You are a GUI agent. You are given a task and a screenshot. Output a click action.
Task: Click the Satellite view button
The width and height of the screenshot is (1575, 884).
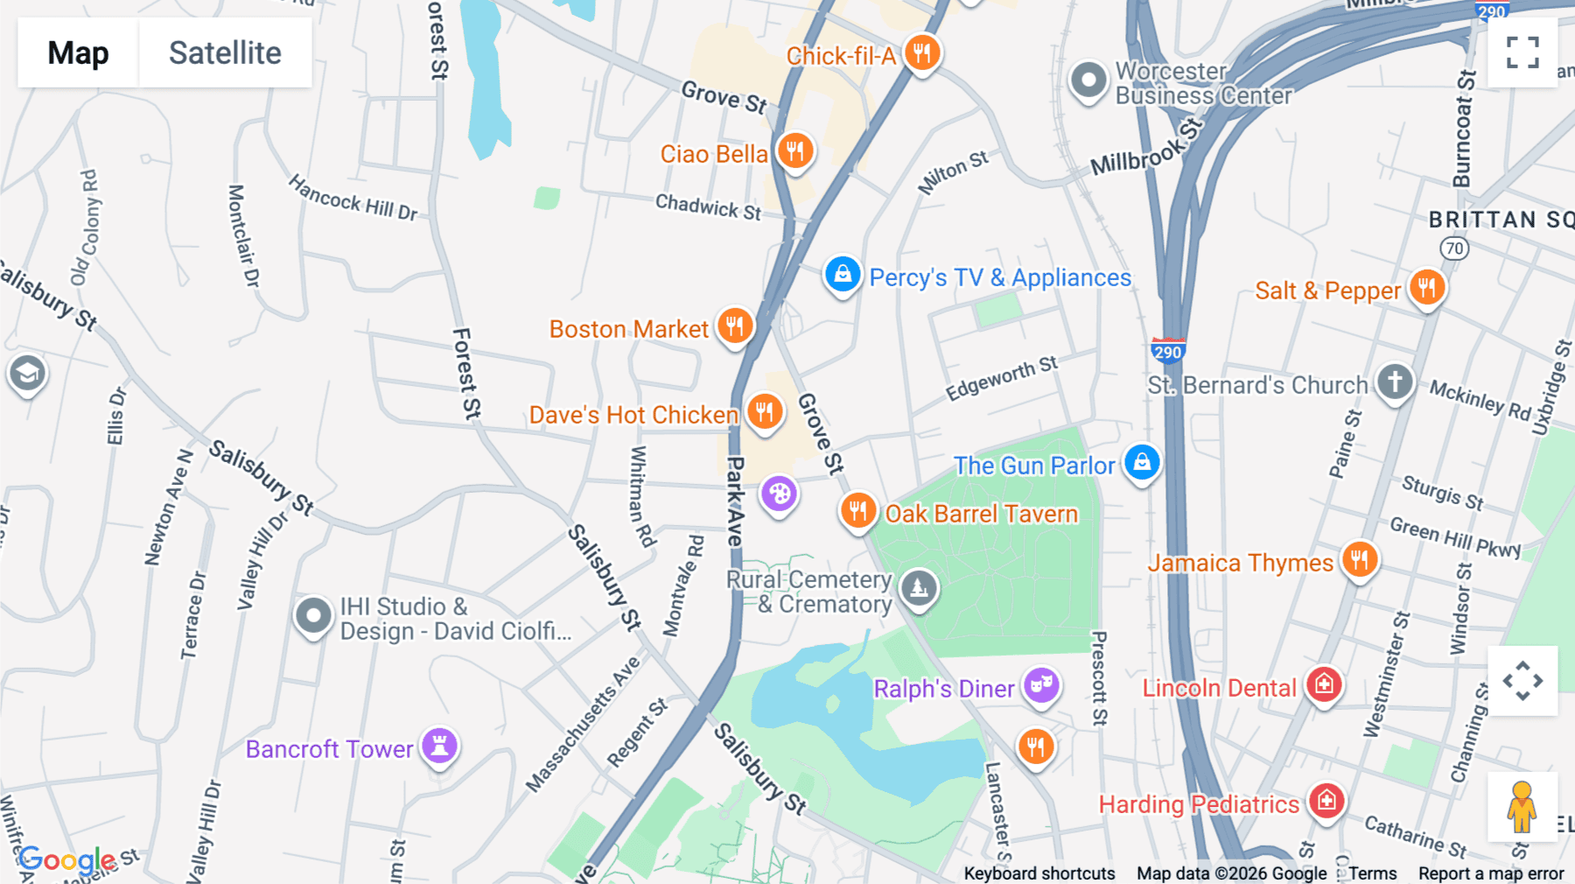225,53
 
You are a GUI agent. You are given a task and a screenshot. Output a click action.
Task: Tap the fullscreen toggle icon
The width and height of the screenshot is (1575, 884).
1522,53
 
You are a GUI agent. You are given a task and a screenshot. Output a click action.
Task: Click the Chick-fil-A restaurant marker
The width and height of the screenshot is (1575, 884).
922,53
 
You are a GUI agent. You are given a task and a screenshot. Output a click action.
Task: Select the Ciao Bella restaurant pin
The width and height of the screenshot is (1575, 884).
794,151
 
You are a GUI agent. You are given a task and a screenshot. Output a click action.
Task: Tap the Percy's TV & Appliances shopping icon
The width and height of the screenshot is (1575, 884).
843,275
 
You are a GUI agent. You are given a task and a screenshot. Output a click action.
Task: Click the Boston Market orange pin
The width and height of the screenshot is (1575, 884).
735,326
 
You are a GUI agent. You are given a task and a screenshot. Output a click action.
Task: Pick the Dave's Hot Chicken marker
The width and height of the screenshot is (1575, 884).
765,411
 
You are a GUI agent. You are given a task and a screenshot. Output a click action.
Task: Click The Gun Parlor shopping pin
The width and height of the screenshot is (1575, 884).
1142,462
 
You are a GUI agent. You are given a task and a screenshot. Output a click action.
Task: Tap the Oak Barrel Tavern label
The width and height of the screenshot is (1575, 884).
982,514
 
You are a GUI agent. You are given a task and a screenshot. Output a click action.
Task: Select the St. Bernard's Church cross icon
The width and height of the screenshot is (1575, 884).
1395,382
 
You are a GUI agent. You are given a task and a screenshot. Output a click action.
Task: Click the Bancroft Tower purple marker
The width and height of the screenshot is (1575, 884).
439,746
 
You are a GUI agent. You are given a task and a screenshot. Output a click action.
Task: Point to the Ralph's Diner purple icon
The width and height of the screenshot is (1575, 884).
1041,685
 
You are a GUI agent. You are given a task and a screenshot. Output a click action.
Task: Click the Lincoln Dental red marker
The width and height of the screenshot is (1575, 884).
1324,684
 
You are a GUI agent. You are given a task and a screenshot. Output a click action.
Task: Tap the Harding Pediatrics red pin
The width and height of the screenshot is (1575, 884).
1326,800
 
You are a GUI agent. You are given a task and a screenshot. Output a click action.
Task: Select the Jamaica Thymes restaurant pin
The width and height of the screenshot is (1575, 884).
1359,559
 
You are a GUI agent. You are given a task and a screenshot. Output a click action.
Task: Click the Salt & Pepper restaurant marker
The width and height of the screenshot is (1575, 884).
1427,287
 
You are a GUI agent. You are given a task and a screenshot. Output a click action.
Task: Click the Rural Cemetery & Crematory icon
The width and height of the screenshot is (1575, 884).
918,588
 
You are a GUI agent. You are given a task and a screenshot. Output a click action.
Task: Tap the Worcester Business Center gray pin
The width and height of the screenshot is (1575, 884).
1088,81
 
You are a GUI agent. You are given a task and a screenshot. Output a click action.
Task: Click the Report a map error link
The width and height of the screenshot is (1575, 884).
1491,873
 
